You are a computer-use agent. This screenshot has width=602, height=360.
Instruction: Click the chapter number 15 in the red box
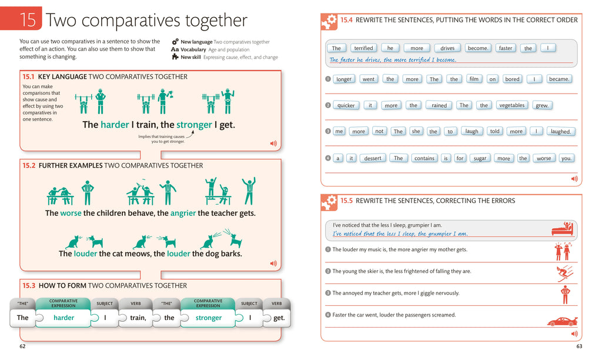(x=28, y=20)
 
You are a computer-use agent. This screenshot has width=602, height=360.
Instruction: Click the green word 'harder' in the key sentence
(x=114, y=125)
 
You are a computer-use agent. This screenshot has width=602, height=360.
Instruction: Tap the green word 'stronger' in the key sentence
(x=194, y=125)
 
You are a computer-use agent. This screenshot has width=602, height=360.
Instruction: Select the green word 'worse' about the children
(x=71, y=213)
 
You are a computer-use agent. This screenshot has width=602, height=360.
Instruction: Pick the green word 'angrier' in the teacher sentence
(x=183, y=213)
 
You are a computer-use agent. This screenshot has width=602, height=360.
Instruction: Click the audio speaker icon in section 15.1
(x=273, y=143)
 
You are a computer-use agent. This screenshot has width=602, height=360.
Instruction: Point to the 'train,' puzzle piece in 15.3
(x=138, y=318)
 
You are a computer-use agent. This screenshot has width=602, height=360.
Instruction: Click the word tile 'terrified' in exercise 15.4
(x=363, y=48)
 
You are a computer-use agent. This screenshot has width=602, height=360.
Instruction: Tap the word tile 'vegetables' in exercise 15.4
(x=511, y=105)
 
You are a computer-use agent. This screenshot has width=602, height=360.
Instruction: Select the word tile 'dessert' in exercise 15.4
(x=373, y=158)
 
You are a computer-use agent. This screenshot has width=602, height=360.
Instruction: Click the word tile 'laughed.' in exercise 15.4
(x=561, y=132)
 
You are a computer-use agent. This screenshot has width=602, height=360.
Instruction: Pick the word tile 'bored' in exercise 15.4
(x=512, y=79)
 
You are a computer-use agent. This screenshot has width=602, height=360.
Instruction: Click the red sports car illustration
(x=562, y=321)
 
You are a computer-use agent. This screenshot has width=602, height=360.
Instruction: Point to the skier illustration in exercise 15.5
(x=565, y=274)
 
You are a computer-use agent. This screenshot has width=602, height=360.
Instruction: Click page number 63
(x=578, y=346)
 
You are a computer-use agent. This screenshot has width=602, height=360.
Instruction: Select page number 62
(x=22, y=346)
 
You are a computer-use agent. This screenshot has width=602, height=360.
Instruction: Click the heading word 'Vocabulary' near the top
(x=193, y=50)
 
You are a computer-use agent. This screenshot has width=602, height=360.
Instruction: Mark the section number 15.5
(x=346, y=201)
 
